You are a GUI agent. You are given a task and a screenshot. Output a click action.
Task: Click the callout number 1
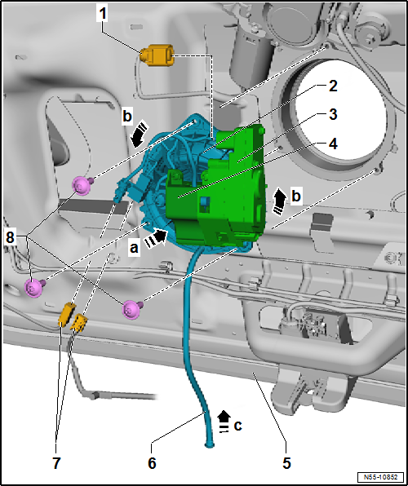(102, 14)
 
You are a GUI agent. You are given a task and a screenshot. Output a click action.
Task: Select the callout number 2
(332, 86)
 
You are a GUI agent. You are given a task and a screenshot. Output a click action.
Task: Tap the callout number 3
(332, 115)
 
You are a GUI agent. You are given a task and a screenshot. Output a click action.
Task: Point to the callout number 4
(332, 144)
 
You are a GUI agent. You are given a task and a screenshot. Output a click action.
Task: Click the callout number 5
(286, 463)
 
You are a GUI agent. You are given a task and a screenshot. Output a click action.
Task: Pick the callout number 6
(152, 463)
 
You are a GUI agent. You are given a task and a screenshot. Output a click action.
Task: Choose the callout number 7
(55, 463)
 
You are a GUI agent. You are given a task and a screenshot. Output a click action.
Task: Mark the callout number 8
(11, 238)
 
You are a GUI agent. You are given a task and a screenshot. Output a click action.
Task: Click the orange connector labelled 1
(157, 55)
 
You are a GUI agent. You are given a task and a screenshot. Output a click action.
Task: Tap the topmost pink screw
(82, 185)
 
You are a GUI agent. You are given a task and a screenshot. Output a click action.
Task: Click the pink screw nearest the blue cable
(132, 309)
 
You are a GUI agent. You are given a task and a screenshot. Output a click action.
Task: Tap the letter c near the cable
(237, 426)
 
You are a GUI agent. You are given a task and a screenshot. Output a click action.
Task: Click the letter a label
(134, 248)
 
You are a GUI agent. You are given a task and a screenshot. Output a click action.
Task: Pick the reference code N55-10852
(381, 476)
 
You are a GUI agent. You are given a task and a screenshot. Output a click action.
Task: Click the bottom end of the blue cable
(210, 446)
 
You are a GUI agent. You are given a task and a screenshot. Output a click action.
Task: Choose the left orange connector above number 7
(67, 315)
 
